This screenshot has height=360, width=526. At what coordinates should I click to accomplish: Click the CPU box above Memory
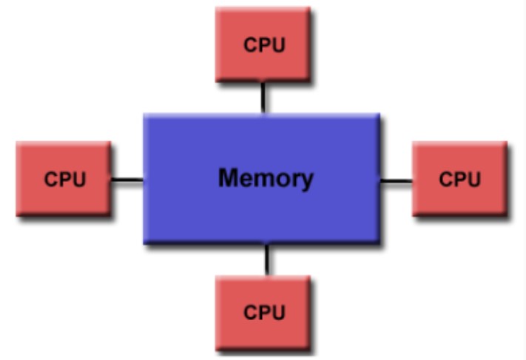(263, 44)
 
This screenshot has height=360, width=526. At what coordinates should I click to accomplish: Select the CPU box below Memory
(263, 312)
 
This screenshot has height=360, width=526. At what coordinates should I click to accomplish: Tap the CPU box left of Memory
(64, 179)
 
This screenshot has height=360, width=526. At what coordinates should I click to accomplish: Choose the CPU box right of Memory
(459, 179)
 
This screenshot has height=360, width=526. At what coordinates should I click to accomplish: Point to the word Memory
(266, 178)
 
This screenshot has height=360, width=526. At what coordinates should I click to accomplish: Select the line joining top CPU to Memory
(263, 97)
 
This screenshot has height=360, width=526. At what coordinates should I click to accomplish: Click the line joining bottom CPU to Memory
(266, 259)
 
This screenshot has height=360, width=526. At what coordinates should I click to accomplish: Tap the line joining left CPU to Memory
(127, 180)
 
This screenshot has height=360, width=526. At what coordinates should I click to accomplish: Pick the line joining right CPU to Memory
(396, 180)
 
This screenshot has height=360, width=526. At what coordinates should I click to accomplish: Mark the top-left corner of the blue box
(146, 115)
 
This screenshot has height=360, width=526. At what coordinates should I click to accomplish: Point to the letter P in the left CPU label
(64, 179)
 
